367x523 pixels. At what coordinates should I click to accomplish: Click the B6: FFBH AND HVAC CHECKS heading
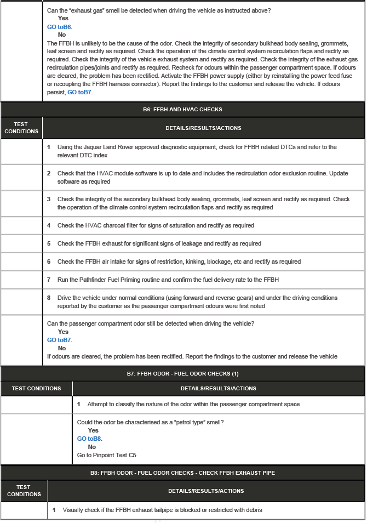182,110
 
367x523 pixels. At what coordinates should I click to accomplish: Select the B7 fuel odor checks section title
182,374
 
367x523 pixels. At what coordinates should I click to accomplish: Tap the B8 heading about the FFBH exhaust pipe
182,473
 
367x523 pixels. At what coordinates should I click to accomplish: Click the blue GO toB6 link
60,27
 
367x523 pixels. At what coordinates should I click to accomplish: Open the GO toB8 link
89,439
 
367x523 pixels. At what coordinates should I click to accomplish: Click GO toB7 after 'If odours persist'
80,92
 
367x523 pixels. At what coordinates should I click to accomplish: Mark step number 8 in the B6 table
49,298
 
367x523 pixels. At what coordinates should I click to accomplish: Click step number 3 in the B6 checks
49,199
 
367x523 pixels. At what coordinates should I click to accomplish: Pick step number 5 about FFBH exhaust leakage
49,243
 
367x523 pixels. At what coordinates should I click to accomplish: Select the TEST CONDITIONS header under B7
36,389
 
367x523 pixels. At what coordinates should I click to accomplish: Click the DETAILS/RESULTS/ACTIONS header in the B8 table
206,491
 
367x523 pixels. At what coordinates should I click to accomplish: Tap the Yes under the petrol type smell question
93,430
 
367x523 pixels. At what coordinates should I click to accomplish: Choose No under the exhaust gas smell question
62,35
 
